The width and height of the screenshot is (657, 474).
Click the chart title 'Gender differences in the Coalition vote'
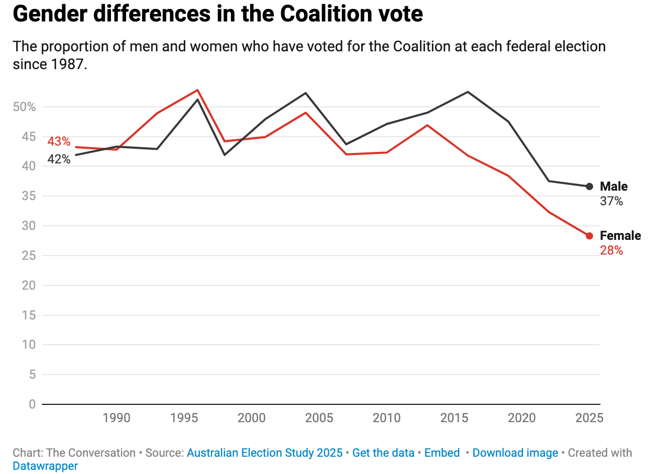pyautogui.click(x=217, y=14)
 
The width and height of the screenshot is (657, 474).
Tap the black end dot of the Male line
pyautogui.click(x=589, y=186)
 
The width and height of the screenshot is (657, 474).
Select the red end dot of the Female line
pyautogui.click(x=589, y=236)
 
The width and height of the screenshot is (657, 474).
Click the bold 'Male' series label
pyautogui.click(x=614, y=186)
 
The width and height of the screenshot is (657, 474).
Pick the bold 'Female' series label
pyautogui.click(x=620, y=236)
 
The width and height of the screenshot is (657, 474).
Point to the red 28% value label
pyautogui.click(x=611, y=250)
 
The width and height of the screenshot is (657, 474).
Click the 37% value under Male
pyautogui.click(x=611, y=201)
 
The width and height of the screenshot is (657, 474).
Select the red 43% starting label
pyautogui.click(x=59, y=141)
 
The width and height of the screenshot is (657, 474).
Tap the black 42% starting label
pyautogui.click(x=59, y=159)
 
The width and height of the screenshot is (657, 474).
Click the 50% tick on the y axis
pyautogui.click(x=24, y=107)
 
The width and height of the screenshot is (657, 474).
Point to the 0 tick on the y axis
pyautogui.click(x=32, y=404)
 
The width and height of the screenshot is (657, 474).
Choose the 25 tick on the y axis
pyautogui.click(x=29, y=256)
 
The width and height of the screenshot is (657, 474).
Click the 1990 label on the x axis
pyautogui.click(x=116, y=418)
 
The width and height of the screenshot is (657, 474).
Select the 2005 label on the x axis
pyautogui.click(x=319, y=418)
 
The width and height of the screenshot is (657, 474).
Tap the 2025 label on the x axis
pyautogui.click(x=589, y=418)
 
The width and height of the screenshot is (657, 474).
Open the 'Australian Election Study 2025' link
pyautogui.click(x=265, y=453)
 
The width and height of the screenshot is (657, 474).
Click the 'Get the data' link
pyautogui.click(x=383, y=453)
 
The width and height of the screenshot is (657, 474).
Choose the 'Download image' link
pyautogui.click(x=515, y=453)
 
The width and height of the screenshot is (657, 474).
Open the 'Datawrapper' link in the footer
pyautogui.click(x=45, y=466)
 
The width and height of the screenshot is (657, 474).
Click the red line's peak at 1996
pyautogui.click(x=198, y=90)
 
